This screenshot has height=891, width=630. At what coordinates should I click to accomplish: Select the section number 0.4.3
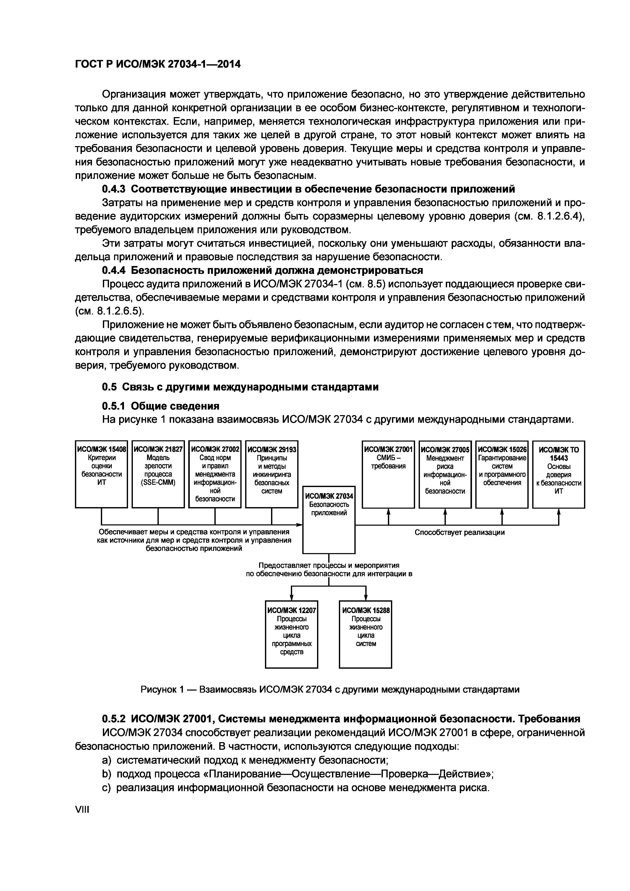[x=114, y=189]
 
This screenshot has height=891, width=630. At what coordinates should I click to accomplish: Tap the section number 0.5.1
[x=114, y=406]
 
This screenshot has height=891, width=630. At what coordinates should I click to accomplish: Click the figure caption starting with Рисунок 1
[x=330, y=689]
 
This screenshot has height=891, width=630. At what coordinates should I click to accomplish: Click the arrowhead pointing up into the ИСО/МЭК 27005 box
[x=445, y=511]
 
